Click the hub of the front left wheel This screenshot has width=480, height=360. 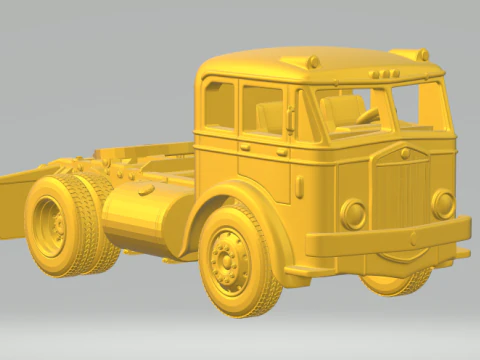pos(229,259)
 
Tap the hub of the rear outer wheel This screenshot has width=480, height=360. pos(50,226)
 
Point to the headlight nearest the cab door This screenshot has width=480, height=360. pos(353,213)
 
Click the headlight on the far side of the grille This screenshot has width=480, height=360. pos(442,203)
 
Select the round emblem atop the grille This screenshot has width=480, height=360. pos(405,153)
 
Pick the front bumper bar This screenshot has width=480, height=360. pos(390,238)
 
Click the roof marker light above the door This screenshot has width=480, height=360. pos(313,62)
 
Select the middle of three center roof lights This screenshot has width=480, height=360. pos(380,74)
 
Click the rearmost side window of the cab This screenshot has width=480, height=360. pos(219,104)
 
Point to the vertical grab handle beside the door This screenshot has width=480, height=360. pos(291,119)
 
